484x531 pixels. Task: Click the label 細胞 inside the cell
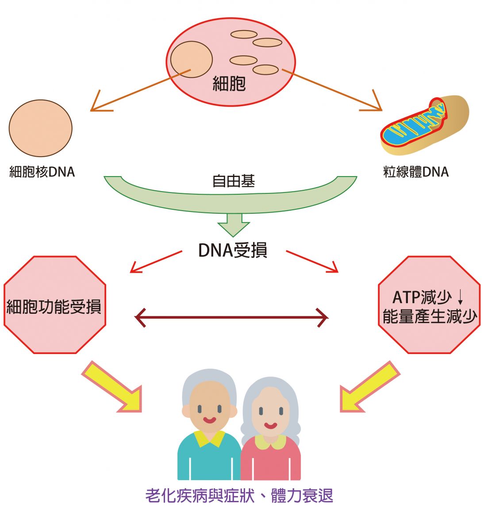pos(229,83)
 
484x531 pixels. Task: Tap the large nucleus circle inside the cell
pos(192,59)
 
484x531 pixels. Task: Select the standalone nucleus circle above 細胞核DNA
pos(40,128)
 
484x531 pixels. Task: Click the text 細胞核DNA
pos(42,172)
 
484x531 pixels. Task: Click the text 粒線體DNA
pos(416,172)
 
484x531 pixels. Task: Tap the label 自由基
pos(233,181)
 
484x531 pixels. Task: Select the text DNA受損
pos(232,250)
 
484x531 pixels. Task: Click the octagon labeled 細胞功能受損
pos(54,305)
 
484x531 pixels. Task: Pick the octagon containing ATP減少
pos(429,305)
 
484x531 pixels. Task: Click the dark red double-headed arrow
pos(231,317)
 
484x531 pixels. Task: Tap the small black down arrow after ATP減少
pos(460,296)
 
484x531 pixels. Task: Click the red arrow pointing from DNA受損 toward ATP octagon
pos(312,261)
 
